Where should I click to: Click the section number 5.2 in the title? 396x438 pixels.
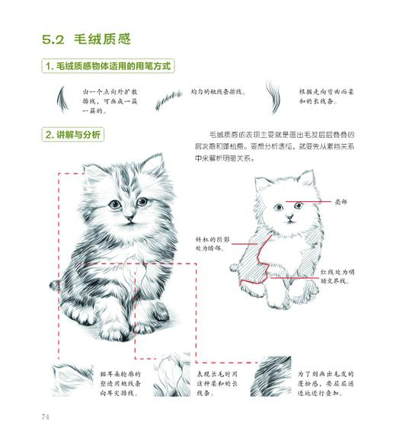coord(55,38)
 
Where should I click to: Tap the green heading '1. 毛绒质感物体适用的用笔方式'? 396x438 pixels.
coord(107,66)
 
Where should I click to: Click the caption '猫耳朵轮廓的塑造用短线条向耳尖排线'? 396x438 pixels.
coord(120,379)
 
